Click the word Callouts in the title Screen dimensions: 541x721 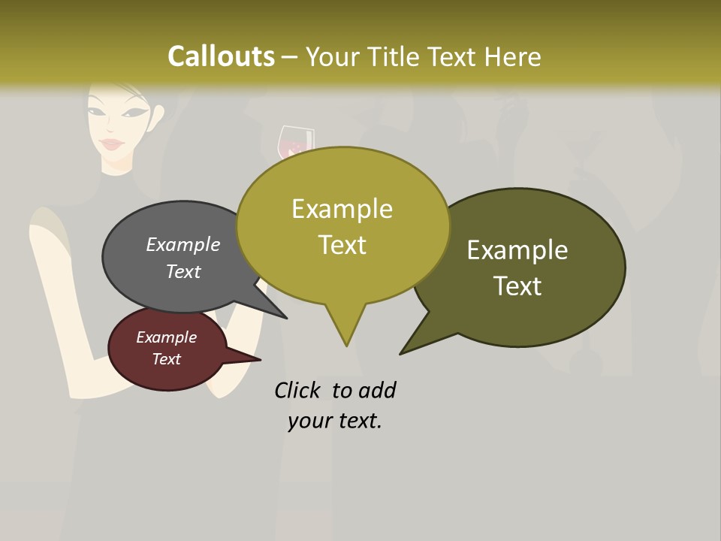221,56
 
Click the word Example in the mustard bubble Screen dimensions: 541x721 342,209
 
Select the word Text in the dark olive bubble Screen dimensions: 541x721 517,286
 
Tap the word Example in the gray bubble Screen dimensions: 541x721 183,245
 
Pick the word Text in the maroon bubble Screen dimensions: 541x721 166,359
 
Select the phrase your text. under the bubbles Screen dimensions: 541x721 335,421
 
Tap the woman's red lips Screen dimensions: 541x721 111,144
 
